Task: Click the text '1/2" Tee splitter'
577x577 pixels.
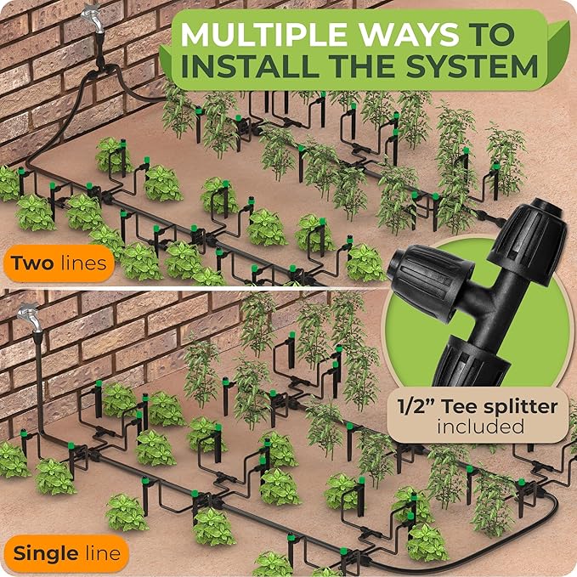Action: tap(478, 406)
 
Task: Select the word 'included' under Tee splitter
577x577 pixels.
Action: tap(480, 427)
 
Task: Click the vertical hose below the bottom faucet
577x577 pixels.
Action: tap(39, 382)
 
